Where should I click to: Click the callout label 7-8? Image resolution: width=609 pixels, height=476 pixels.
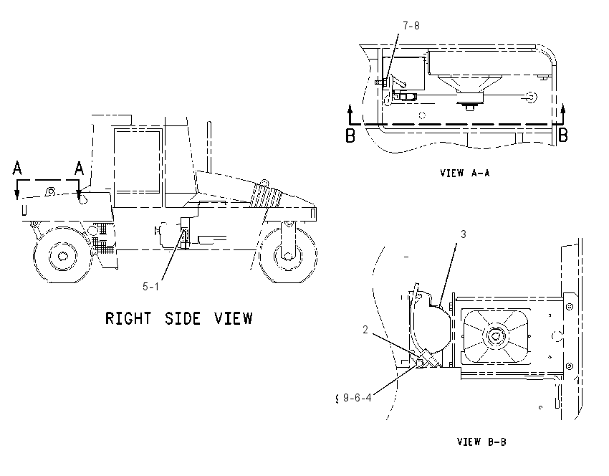click(411, 26)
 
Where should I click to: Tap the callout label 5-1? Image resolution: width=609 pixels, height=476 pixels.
click(150, 287)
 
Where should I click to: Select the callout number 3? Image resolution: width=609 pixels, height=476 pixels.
click(464, 234)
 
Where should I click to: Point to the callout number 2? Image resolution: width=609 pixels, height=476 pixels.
click(365, 330)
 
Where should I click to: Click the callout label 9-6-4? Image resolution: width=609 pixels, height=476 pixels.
click(358, 398)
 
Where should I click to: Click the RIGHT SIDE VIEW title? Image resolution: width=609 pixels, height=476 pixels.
click(179, 318)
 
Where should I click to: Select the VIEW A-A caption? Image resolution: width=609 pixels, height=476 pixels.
click(465, 173)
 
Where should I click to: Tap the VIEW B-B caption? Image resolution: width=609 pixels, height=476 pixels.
click(481, 442)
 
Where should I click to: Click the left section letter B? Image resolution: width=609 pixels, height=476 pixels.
click(350, 135)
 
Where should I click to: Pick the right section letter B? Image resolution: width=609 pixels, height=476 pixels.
click(562, 135)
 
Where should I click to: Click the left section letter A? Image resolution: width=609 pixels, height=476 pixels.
click(17, 168)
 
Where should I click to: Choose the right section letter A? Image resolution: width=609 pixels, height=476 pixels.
click(80, 168)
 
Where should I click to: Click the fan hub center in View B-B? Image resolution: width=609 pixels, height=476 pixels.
click(495, 335)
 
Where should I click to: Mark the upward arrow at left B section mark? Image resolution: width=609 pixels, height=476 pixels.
click(350, 113)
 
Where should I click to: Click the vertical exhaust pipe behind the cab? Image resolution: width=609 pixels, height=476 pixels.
click(209, 147)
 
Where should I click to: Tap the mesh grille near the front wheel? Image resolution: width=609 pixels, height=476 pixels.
click(102, 239)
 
